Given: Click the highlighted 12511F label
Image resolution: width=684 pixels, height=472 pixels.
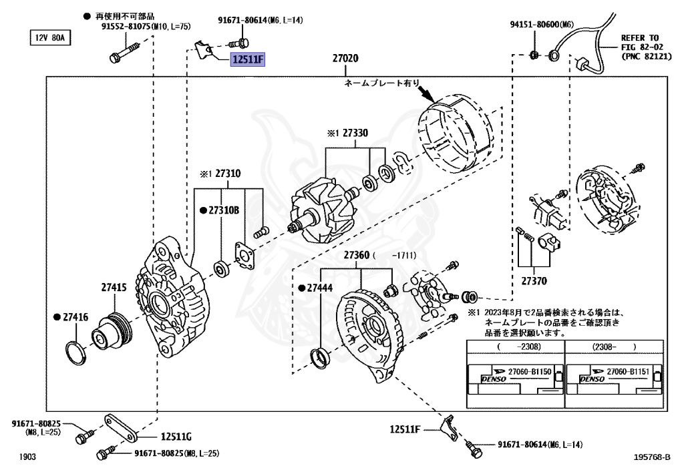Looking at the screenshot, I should (248, 60).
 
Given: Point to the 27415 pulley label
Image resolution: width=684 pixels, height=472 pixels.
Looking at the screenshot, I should (114, 287).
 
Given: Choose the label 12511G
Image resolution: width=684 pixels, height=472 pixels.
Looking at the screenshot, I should (176, 437).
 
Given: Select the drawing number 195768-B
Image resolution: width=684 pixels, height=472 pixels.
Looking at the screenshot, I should (652, 457).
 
